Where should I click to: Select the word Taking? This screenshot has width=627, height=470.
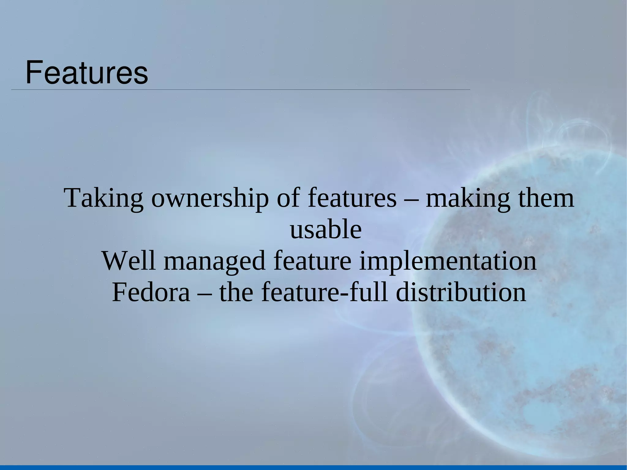pyautogui.click(x=103, y=198)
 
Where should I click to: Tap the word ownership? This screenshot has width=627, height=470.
pyautogui.click(x=209, y=198)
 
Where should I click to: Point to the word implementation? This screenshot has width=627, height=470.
pyautogui.click(x=448, y=261)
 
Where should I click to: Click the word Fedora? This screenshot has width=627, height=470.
pyautogui.click(x=151, y=292)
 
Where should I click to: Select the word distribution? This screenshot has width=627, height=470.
pyautogui.click(x=461, y=292)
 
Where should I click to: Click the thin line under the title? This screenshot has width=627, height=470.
pyautogui.click(x=240, y=90)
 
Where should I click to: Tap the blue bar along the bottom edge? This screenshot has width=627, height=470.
pyautogui.click(x=313, y=467)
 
